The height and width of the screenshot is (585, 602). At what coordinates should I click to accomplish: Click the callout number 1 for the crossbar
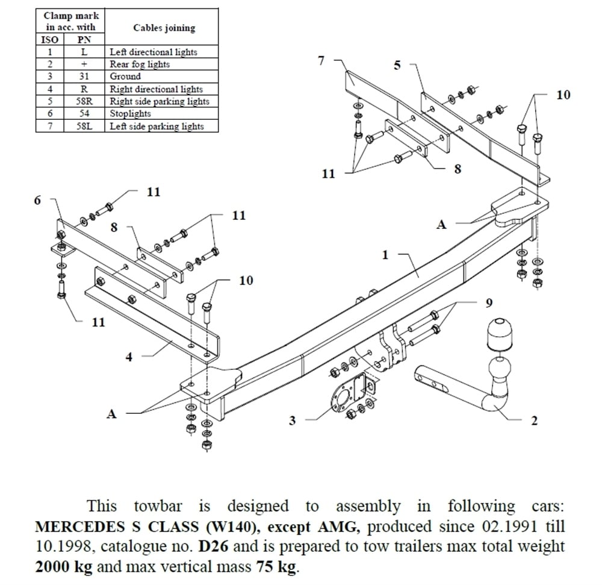tap(386, 255)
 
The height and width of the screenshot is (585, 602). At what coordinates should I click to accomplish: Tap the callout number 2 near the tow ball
tap(533, 421)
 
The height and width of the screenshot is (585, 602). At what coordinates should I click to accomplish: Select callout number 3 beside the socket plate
tap(293, 421)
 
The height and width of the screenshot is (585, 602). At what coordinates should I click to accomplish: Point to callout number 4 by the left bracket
tap(129, 357)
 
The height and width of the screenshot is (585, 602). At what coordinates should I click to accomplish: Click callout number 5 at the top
tap(397, 65)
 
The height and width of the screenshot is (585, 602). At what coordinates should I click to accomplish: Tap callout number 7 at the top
tap(321, 60)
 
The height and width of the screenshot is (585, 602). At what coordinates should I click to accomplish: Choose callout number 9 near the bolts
tap(488, 302)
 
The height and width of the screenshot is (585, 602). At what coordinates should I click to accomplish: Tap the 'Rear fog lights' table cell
tap(140, 64)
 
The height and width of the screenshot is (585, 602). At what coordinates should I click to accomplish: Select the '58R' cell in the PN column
tap(84, 101)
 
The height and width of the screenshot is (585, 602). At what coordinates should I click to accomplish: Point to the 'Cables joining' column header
tap(164, 28)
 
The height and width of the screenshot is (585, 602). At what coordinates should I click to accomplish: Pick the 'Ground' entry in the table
tap(125, 77)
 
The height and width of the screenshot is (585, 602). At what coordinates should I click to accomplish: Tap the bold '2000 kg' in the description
tap(64, 566)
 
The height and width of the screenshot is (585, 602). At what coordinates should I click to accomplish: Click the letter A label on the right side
tap(441, 224)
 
